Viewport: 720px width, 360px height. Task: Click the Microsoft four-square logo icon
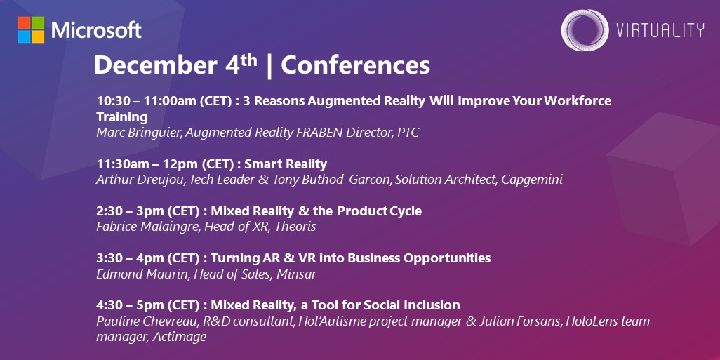point(31,29)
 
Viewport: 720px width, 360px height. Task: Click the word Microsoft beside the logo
point(97,30)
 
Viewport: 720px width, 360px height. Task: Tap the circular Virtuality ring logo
point(585,30)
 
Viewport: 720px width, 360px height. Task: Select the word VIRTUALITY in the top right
point(660,30)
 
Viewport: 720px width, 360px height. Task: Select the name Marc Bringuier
point(138,132)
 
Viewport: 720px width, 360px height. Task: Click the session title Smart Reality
point(288,164)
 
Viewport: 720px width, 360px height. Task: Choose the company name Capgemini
point(533,180)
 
